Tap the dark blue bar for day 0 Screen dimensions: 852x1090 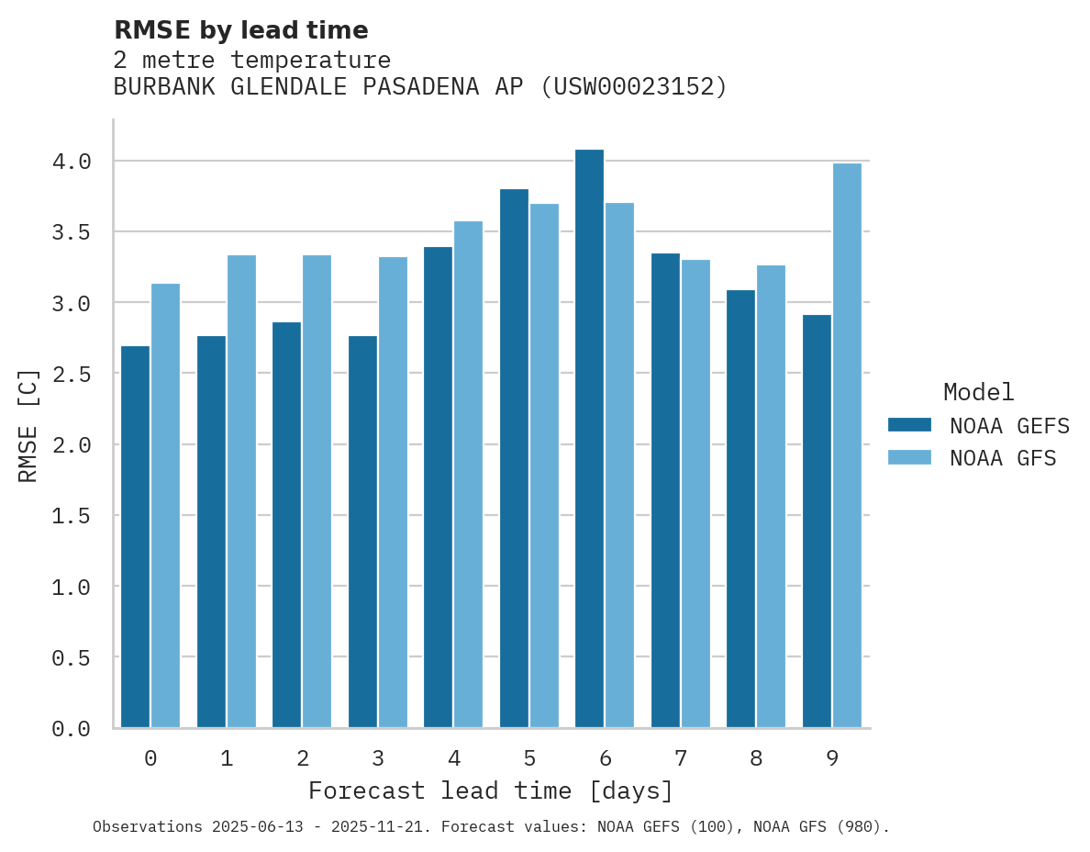click(x=135, y=537)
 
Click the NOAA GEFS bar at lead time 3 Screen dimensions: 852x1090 click(x=362, y=532)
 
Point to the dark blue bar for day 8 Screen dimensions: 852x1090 click(x=740, y=510)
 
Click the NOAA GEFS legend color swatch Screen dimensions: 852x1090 click(x=909, y=425)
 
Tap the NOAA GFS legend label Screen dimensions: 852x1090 click(x=1003, y=458)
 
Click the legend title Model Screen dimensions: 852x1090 click(x=978, y=392)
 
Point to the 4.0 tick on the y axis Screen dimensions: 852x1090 click(x=72, y=162)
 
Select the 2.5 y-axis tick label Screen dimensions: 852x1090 click(x=72, y=374)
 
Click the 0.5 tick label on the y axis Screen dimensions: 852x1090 click(x=72, y=657)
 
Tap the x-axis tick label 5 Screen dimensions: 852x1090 click(x=529, y=758)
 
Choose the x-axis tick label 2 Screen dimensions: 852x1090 click(x=302, y=758)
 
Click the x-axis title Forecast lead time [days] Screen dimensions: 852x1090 click(x=491, y=790)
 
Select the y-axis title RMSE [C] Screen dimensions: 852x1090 click(x=28, y=425)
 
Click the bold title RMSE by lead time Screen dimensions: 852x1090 click(x=240, y=30)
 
